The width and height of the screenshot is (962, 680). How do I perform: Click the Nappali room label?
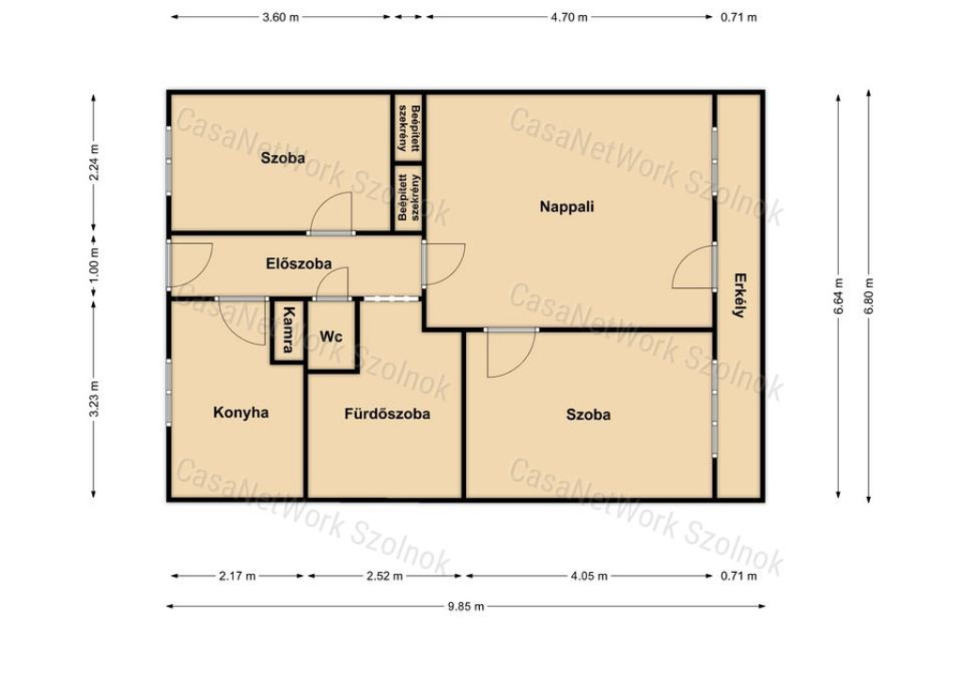pos(566,207)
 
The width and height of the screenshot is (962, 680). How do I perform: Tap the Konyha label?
pos(240,412)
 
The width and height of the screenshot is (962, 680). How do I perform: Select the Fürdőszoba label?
pos(387,414)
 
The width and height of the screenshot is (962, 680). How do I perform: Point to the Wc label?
pos(332,336)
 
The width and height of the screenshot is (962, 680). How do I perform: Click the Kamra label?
pos(287,330)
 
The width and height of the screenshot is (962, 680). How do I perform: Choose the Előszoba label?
pos(299,264)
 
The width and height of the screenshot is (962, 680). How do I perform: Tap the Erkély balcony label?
pos(739,295)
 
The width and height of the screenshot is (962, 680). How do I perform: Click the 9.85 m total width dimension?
pos(466,607)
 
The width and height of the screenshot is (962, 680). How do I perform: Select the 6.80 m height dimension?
pos(869,296)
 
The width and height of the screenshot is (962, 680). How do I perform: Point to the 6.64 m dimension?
pos(839,296)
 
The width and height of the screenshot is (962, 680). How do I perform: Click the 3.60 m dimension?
pos(280,17)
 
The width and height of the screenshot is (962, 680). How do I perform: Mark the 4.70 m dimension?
pos(568,17)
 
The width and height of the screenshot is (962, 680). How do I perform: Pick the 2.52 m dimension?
pos(384,576)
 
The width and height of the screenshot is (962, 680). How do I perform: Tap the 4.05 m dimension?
pos(590,576)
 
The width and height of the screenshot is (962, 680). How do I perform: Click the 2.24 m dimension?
pos(94,162)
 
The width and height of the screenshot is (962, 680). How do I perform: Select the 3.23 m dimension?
pos(94,398)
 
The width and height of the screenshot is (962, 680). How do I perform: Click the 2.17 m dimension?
pos(238,576)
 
